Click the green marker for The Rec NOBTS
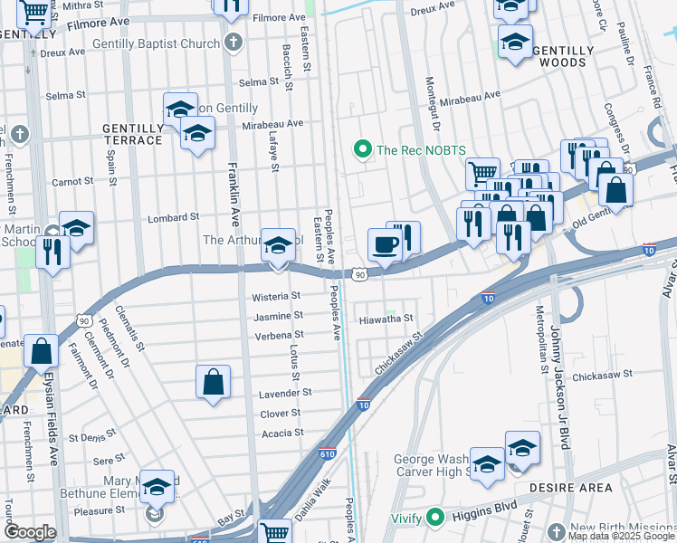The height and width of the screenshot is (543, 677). click(x=363, y=149)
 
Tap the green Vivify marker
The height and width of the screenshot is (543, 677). click(x=434, y=518)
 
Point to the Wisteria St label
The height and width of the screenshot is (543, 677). click(x=276, y=296)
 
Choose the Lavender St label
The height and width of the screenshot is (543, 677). click(x=285, y=393)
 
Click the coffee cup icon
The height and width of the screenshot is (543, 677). click(x=384, y=244)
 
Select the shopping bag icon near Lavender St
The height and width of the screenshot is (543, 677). click(x=213, y=382)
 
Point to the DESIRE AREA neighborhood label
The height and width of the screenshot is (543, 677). click(x=573, y=488)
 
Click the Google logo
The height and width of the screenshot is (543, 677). click(x=30, y=531)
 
